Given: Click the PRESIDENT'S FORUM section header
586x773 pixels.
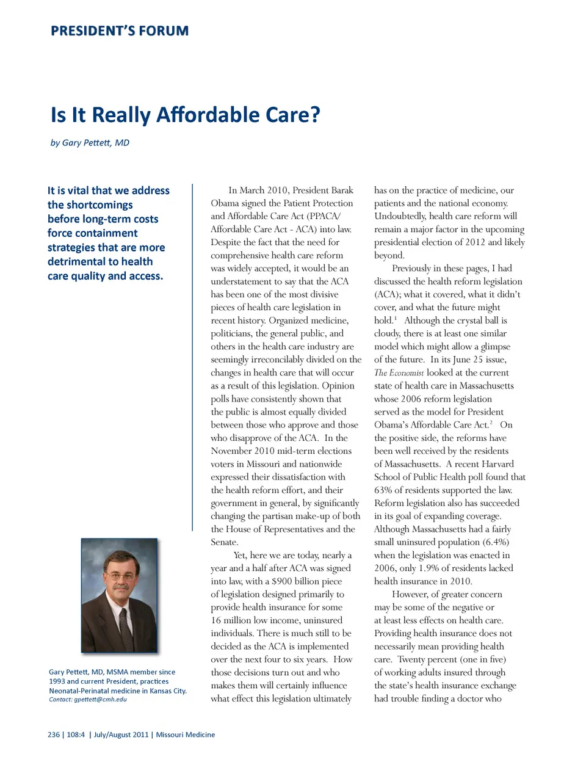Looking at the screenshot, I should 120,31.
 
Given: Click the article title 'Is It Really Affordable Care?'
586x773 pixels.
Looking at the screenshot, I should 185,115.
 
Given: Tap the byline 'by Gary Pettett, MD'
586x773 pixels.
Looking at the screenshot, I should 90,143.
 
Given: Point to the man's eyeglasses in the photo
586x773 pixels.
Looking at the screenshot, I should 121,575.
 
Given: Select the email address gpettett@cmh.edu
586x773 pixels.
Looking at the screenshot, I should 100,700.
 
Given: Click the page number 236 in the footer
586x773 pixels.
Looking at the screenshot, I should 54,735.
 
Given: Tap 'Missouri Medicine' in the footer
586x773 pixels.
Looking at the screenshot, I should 186,735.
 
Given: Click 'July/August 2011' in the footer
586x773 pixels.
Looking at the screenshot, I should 121,735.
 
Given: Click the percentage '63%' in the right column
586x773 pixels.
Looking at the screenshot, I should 384,490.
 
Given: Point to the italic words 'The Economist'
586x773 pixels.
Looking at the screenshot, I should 399,372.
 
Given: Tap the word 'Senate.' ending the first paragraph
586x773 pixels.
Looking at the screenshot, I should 225,542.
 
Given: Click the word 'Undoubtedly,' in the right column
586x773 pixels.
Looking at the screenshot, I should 400,216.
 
